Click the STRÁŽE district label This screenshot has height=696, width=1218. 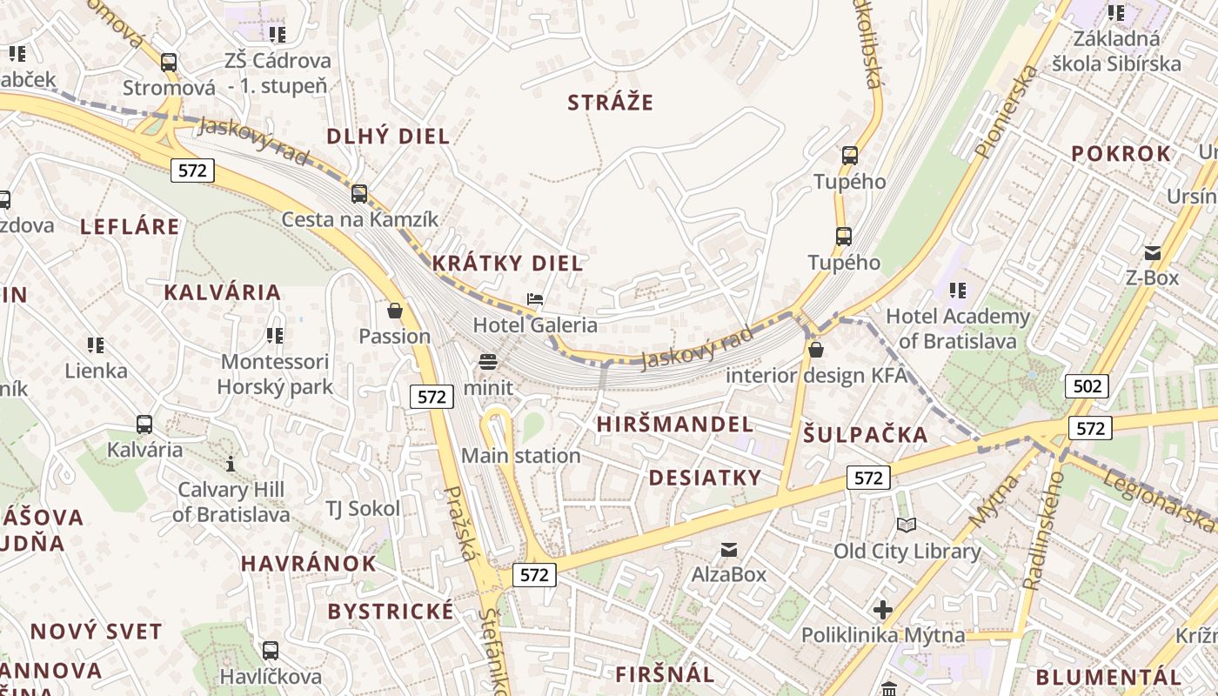[x=610, y=103]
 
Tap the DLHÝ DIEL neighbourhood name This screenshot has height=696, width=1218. [x=388, y=136]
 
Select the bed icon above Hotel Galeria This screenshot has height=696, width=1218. [x=535, y=300]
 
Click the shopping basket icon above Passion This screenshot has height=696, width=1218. [x=395, y=311]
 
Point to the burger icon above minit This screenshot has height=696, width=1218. [x=487, y=361]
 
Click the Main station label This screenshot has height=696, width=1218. [x=520, y=455]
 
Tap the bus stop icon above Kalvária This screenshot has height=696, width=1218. [x=144, y=425]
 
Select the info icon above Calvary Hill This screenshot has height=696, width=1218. [x=231, y=464]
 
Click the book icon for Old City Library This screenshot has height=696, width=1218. [x=907, y=525]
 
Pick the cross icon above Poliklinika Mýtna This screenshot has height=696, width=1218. [x=883, y=610]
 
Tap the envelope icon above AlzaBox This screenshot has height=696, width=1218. [x=728, y=549]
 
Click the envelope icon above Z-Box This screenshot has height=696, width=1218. [x=1153, y=253]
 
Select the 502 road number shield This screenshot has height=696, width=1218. [x=1087, y=385]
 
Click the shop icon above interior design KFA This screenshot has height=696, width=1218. [x=816, y=350]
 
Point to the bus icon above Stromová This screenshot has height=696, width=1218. [x=169, y=63]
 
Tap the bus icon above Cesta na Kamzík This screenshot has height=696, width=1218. [x=359, y=194]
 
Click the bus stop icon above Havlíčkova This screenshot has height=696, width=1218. [x=271, y=651]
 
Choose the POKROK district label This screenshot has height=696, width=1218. [x=1121, y=154]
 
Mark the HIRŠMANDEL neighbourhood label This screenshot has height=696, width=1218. [x=675, y=425]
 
